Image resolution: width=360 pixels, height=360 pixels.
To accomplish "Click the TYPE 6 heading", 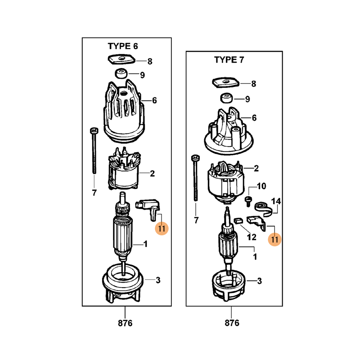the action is point(123,46).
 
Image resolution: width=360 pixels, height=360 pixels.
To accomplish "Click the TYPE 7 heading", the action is point(229,60).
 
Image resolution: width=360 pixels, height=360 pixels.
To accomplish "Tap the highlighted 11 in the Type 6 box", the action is point(162,229).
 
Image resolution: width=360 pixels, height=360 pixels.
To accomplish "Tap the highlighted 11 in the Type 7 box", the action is point(274,239).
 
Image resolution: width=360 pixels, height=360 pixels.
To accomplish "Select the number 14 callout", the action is point(276,201).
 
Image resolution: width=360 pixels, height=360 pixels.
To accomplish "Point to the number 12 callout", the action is point(252,237).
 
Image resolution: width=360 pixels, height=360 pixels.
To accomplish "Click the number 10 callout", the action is point(261,186).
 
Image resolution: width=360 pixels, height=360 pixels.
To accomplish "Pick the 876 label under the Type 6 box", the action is point(125,323).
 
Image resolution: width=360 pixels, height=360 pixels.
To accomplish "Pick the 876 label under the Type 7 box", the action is point(232,323).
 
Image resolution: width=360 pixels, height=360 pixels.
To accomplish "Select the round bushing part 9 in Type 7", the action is point(226,98).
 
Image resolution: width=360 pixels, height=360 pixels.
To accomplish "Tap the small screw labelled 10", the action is point(248,201).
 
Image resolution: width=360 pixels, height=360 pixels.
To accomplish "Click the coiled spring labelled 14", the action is point(263,209).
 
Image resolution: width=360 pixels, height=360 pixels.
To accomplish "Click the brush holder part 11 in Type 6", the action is point(148,209).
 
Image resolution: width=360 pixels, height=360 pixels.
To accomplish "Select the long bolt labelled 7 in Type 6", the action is point(94,150).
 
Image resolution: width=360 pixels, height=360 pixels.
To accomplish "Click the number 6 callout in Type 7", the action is point(254,118).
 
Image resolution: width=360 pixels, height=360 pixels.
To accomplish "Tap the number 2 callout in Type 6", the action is point(152,174).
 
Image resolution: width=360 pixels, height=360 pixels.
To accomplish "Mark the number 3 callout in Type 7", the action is point(260,281).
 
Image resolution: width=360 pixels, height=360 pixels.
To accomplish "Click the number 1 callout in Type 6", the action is point(145,244).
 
